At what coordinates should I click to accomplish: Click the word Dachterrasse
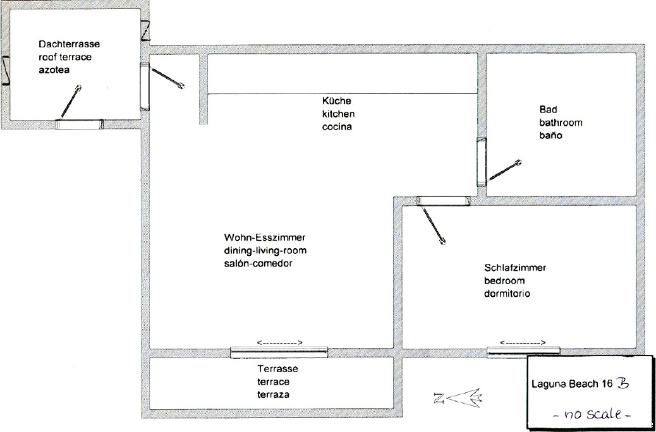[x=70, y=44]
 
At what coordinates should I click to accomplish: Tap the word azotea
[x=54, y=70]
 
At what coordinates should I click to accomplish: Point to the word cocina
[x=337, y=127]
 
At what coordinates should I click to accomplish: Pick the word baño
[x=550, y=136]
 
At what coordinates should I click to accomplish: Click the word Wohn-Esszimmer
[x=265, y=237]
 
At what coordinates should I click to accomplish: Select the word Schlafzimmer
[x=515, y=268]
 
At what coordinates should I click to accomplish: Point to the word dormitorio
[x=507, y=294]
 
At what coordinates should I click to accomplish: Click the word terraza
[x=273, y=395]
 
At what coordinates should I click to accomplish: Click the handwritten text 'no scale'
[x=591, y=414]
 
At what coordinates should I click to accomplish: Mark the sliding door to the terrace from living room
[x=279, y=352]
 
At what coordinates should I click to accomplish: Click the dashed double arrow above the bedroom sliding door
[x=523, y=343]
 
